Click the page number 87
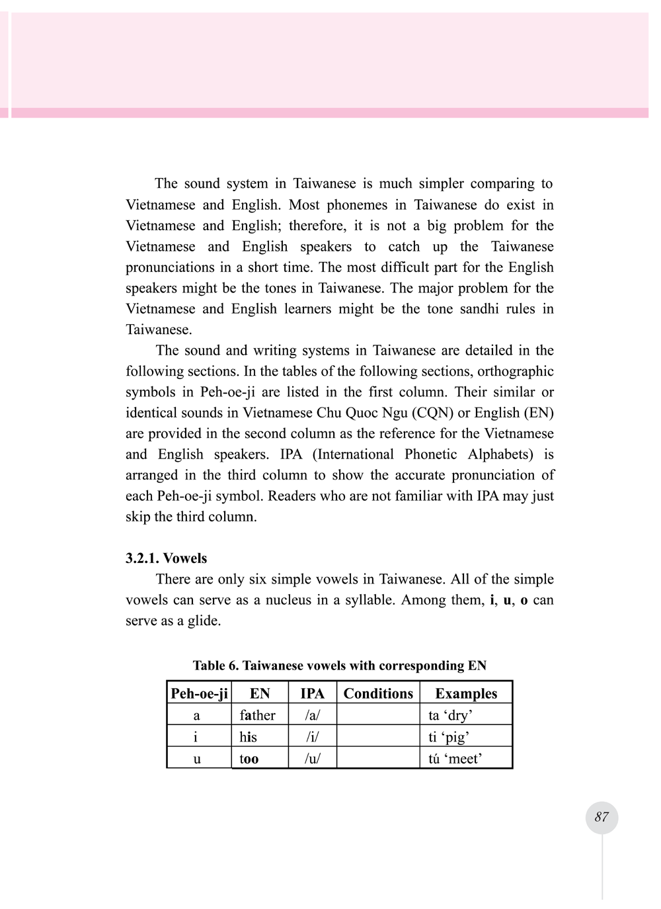tap(602, 817)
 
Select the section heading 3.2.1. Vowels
tap(166, 558)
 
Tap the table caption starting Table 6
tap(339, 666)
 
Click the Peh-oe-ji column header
tap(199, 693)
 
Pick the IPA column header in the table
tap(312, 693)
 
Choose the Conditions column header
tap(378, 693)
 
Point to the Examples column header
tap(466, 693)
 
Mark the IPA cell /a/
tap(312, 715)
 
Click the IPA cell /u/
tap(312, 759)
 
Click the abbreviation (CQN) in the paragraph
tap(432, 413)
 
